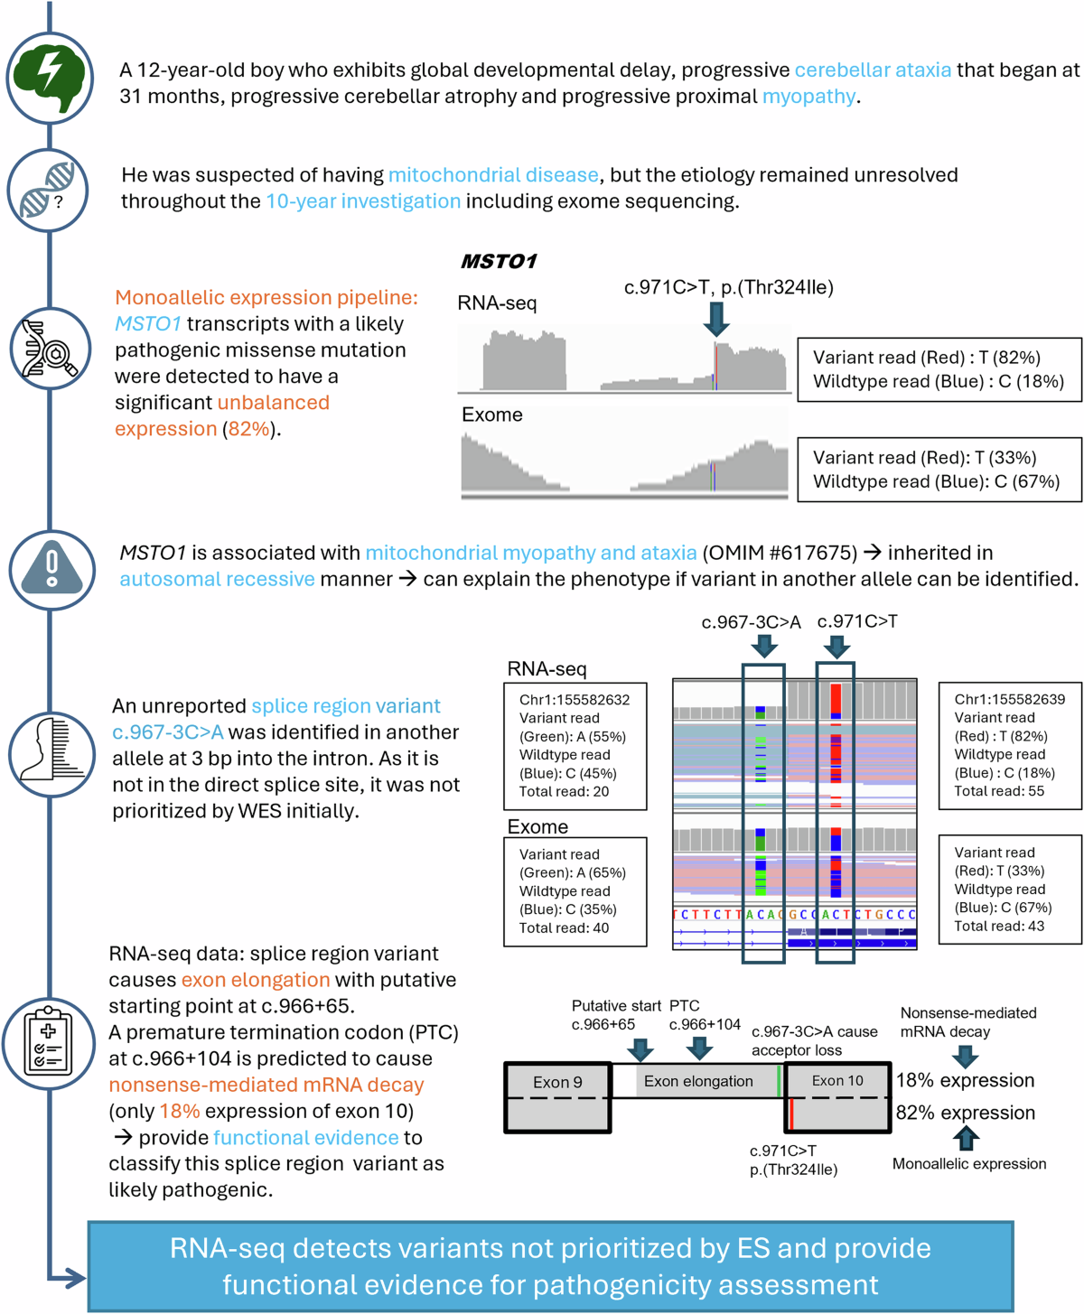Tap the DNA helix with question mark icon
pos(49,191)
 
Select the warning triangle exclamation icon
pos(51,570)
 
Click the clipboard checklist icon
pos(49,1042)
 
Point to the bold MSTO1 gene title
pos(499,262)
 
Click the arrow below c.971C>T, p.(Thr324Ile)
pos(716,319)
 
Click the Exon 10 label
pos(837,1081)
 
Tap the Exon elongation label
pos(698,1081)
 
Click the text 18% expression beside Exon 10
pos(965,1081)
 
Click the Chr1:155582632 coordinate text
pos(575,700)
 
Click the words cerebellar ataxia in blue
pos(873,70)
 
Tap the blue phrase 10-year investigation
pos(363,201)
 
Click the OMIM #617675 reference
pos(779,553)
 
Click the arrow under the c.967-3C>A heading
pos(764,645)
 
